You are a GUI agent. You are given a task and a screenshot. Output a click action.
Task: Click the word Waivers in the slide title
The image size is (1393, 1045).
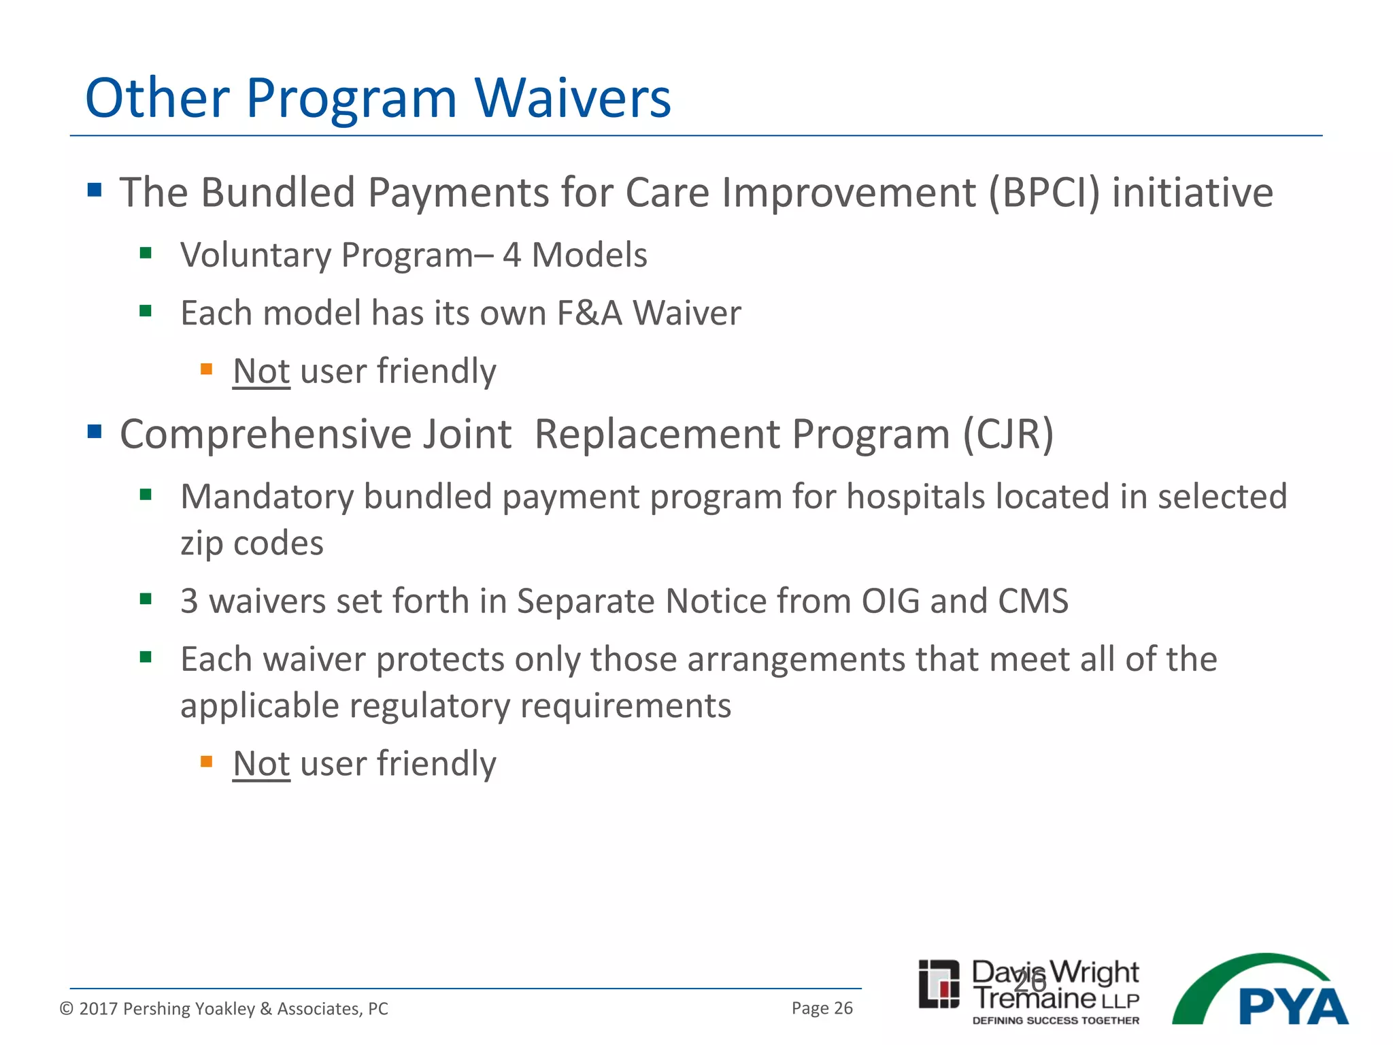pyautogui.click(x=573, y=99)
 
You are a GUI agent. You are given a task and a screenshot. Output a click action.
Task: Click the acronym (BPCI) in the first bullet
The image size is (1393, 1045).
pyautogui.click(x=1043, y=193)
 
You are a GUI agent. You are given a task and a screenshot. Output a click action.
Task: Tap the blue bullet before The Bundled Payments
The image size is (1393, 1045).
pyautogui.click(x=95, y=189)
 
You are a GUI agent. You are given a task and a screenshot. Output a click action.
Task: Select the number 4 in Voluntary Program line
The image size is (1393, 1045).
pyautogui.click(x=511, y=255)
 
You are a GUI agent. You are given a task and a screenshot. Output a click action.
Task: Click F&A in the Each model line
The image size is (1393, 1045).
pyautogui.click(x=589, y=314)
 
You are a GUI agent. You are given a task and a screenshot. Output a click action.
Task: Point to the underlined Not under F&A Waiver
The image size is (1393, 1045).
pyautogui.click(x=261, y=371)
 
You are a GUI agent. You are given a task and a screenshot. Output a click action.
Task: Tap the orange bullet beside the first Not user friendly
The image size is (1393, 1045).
pyautogui.click(x=207, y=369)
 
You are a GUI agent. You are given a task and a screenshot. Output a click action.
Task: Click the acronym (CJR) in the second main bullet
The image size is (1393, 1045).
pyautogui.click(x=1008, y=434)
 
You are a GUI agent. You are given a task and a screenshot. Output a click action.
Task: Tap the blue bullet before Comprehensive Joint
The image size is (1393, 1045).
pyautogui.click(x=95, y=431)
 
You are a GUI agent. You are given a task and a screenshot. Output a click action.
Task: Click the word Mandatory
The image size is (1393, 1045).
pyautogui.click(x=267, y=497)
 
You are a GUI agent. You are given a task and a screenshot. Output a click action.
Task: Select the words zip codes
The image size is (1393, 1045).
pyautogui.click(x=252, y=544)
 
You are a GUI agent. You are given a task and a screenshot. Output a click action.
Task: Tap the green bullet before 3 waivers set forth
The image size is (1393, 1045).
pyautogui.click(x=146, y=599)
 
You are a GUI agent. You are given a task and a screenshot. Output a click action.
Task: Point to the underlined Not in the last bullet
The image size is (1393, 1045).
pyautogui.click(x=261, y=764)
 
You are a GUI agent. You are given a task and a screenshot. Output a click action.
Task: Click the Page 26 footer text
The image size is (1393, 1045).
pyautogui.click(x=822, y=1008)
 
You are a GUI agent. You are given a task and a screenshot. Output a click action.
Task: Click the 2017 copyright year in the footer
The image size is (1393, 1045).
pyautogui.click(x=97, y=1009)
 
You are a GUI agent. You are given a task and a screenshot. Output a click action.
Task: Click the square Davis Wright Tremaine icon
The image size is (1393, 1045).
pyautogui.click(x=939, y=984)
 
